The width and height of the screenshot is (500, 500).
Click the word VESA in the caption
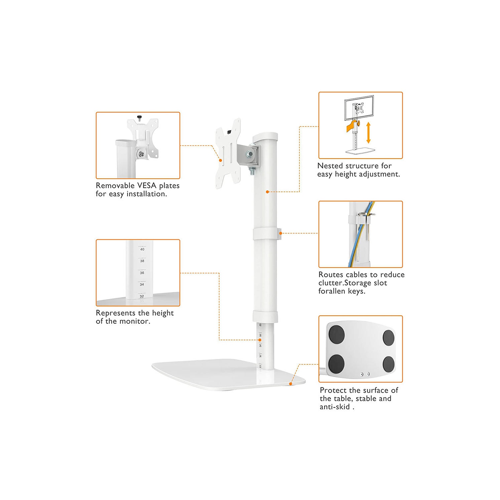(147, 186)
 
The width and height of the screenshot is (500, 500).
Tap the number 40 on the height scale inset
(142, 249)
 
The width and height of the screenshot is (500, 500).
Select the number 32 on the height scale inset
(142, 296)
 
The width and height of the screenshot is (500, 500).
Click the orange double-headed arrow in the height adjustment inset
(368, 133)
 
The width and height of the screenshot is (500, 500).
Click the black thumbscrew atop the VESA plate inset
(139, 117)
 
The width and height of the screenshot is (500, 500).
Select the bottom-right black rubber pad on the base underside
(389, 364)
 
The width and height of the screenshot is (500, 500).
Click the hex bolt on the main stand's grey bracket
(249, 154)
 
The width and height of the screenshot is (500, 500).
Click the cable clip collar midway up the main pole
(266, 234)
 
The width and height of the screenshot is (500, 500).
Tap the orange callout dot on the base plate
(291, 384)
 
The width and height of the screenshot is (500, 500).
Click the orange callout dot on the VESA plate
(220, 160)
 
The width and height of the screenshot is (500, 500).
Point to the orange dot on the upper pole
(267, 192)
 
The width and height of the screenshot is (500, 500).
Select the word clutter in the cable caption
(330, 283)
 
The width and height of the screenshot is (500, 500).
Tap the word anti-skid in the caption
(335, 407)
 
